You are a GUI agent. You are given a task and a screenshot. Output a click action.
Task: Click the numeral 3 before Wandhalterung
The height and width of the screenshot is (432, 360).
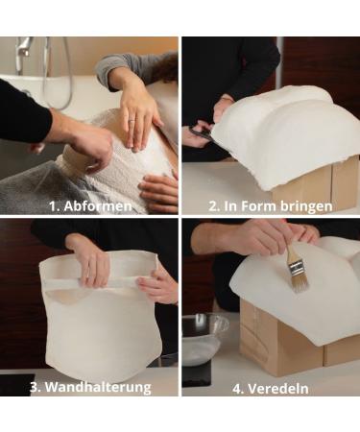35,386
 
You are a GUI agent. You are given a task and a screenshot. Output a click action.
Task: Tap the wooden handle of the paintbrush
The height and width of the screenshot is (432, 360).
288,254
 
